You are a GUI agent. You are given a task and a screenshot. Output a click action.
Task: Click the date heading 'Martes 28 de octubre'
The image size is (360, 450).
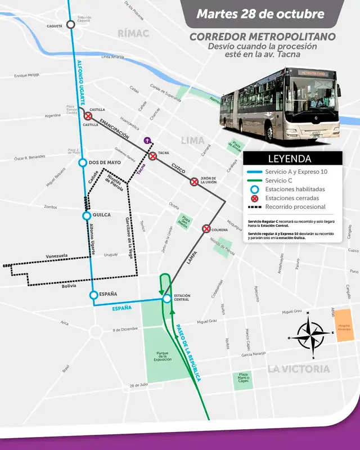(x=260, y=14)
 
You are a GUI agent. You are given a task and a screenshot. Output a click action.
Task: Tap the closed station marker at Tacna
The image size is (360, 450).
(x=152, y=156)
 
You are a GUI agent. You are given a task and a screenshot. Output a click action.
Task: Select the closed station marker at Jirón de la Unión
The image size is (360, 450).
(x=194, y=182)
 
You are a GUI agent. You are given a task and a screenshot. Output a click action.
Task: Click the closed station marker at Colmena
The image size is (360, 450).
(x=206, y=228)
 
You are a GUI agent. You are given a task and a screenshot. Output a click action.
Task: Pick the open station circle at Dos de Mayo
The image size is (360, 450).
(x=83, y=163)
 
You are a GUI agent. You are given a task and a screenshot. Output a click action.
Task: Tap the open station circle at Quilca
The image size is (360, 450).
(x=87, y=215)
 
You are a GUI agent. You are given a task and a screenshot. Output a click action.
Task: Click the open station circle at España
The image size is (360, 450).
(x=94, y=295)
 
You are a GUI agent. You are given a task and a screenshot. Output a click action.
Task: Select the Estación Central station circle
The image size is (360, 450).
(x=166, y=299)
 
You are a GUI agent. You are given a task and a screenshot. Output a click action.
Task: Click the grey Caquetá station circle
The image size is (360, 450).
(x=70, y=24)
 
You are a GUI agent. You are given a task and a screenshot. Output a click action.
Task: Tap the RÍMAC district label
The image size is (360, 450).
(x=133, y=33)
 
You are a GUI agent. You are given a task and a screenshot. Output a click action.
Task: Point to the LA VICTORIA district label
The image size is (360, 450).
(x=299, y=369)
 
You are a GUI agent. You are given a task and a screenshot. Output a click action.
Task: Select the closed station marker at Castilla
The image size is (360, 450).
(x=88, y=116)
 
